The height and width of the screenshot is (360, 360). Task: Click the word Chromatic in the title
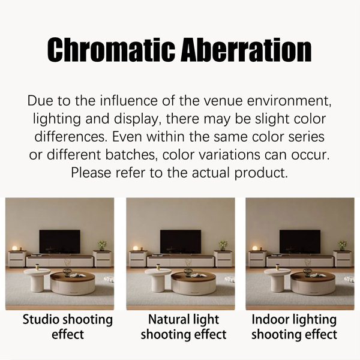pos(111,50)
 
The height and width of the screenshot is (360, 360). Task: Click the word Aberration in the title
pos(246,50)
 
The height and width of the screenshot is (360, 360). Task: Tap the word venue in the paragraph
pos(222,101)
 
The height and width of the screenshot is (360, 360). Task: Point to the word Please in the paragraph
pos(91,173)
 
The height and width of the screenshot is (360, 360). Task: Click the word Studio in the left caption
pos(40,319)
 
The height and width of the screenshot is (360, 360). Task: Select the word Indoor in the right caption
pos(267,319)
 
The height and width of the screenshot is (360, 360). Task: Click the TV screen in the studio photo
pos(59,242)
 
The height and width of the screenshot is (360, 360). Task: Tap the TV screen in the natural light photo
pos(181,242)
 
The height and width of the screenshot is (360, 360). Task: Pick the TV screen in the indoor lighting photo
pos(300,242)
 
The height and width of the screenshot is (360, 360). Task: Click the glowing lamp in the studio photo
pos(14,248)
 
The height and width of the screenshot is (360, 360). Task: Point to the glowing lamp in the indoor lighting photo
pos(255,248)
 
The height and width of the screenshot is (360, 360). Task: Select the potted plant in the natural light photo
pos(223,245)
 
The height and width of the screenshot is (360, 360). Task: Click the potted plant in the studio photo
pos(102,245)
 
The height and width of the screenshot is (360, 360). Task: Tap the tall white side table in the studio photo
pos(37,280)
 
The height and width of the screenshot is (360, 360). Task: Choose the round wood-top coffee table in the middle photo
pos(193,284)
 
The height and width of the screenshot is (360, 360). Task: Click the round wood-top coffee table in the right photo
pos(313,284)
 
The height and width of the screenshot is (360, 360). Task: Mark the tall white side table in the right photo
pos(277,280)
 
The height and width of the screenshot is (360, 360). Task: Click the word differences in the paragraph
pos(71,137)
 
